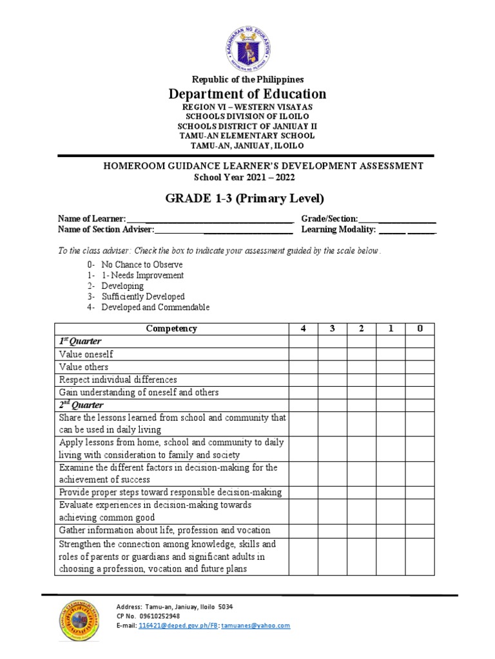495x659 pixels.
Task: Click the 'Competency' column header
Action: pos(171,328)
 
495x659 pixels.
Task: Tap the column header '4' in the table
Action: pos(303,328)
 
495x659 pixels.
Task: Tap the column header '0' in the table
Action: pos(420,328)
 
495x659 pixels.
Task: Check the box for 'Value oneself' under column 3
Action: pos(332,354)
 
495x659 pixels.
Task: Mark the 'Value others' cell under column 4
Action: pos(303,367)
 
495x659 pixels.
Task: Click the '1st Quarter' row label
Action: pos(81,341)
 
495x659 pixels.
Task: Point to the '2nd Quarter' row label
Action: pos(81,405)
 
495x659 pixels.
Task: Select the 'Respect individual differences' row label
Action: pos(118,380)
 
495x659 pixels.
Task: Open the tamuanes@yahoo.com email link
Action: pos(255,626)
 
